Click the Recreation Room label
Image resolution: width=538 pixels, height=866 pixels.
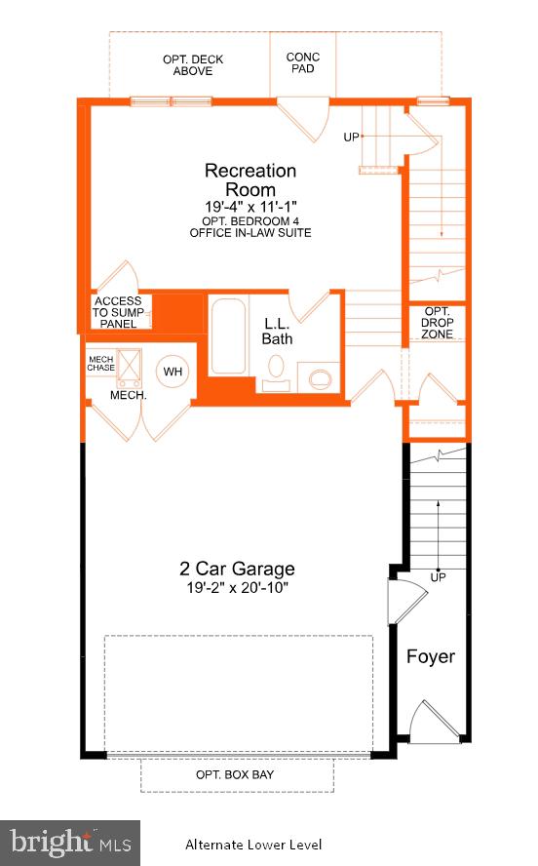coord(250,180)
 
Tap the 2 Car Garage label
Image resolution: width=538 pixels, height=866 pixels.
coord(236,570)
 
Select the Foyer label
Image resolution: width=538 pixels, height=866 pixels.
coord(431,656)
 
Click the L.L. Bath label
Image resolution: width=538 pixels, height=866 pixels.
coord(277,332)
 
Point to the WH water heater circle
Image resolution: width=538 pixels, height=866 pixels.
coord(173,372)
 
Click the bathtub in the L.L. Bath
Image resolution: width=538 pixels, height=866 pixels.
coord(229,336)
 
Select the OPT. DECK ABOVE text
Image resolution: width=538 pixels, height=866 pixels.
coord(193,65)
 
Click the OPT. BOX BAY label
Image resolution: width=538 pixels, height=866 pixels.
coord(236,775)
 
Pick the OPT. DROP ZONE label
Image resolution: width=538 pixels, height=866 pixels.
coord(437,323)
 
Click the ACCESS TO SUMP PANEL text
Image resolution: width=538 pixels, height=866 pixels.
coord(118,312)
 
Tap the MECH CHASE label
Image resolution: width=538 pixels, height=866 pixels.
coord(101,363)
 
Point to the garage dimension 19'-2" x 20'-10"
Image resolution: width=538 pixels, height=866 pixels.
coord(236,589)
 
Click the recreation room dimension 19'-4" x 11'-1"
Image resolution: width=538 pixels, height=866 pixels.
coord(250,208)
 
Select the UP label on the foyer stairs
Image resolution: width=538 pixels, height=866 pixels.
coord(439,577)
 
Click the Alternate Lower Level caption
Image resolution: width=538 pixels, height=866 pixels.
coord(253,845)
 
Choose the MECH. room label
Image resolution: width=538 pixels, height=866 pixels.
coord(128,396)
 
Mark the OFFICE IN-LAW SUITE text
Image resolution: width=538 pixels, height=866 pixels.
coord(250,233)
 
